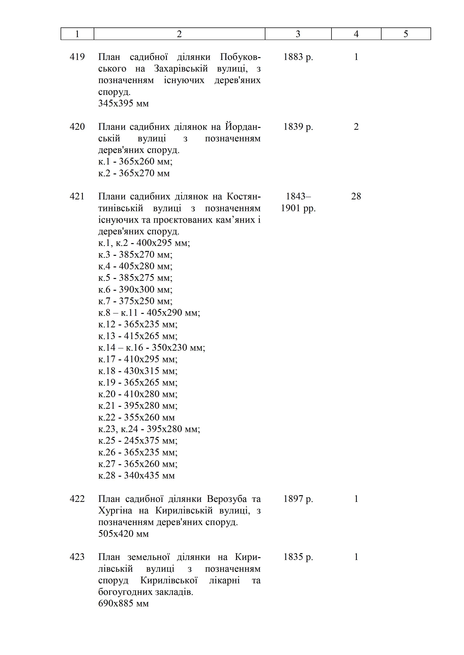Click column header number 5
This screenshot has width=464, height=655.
(x=406, y=34)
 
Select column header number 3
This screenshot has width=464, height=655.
(x=298, y=34)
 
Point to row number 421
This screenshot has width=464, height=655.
(x=77, y=196)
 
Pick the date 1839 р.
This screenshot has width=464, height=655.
(x=298, y=127)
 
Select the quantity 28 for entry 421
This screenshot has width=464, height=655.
(x=356, y=196)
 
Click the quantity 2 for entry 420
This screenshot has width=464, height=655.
(x=356, y=127)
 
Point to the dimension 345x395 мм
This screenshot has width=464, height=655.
(x=123, y=103)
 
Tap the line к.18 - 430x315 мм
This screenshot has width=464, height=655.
(x=138, y=371)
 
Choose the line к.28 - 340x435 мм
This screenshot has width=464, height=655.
(x=137, y=475)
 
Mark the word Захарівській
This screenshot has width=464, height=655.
(x=181, y=69)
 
